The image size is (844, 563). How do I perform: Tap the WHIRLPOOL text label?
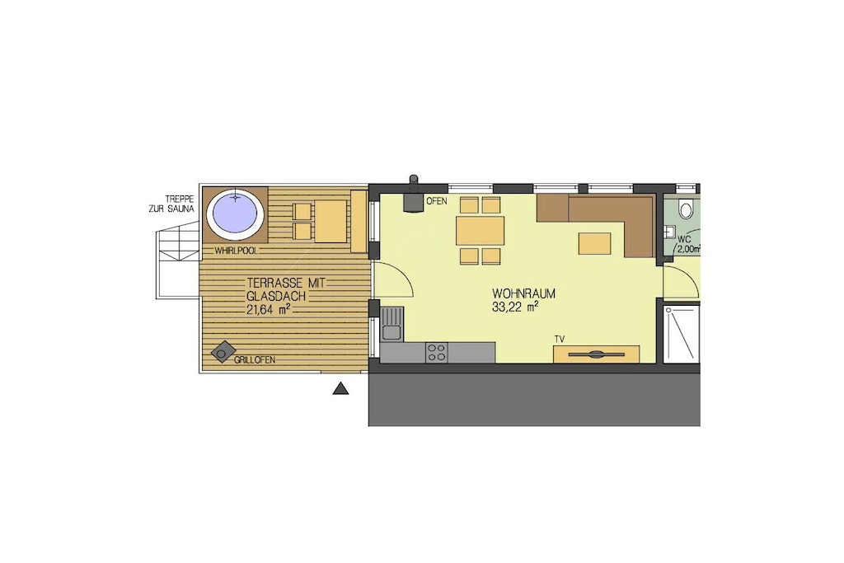237,251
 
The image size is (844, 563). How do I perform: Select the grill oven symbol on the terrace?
223,352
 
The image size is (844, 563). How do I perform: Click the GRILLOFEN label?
254,360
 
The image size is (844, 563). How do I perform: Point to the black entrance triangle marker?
340,388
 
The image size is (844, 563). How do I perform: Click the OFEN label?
436,201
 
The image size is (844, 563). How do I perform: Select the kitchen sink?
392,323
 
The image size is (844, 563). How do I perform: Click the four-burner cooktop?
437,353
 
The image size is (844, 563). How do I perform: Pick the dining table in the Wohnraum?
481,230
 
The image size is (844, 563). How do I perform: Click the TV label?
560,339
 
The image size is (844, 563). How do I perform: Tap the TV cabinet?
597,354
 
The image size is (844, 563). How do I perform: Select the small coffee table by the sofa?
595,243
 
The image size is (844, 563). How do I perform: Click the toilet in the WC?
686,208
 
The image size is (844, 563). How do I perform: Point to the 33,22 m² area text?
515,307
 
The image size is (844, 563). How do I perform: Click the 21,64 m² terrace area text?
269,308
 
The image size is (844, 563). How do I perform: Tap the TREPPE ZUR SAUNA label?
171,204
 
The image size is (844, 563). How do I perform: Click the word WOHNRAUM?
523,294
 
